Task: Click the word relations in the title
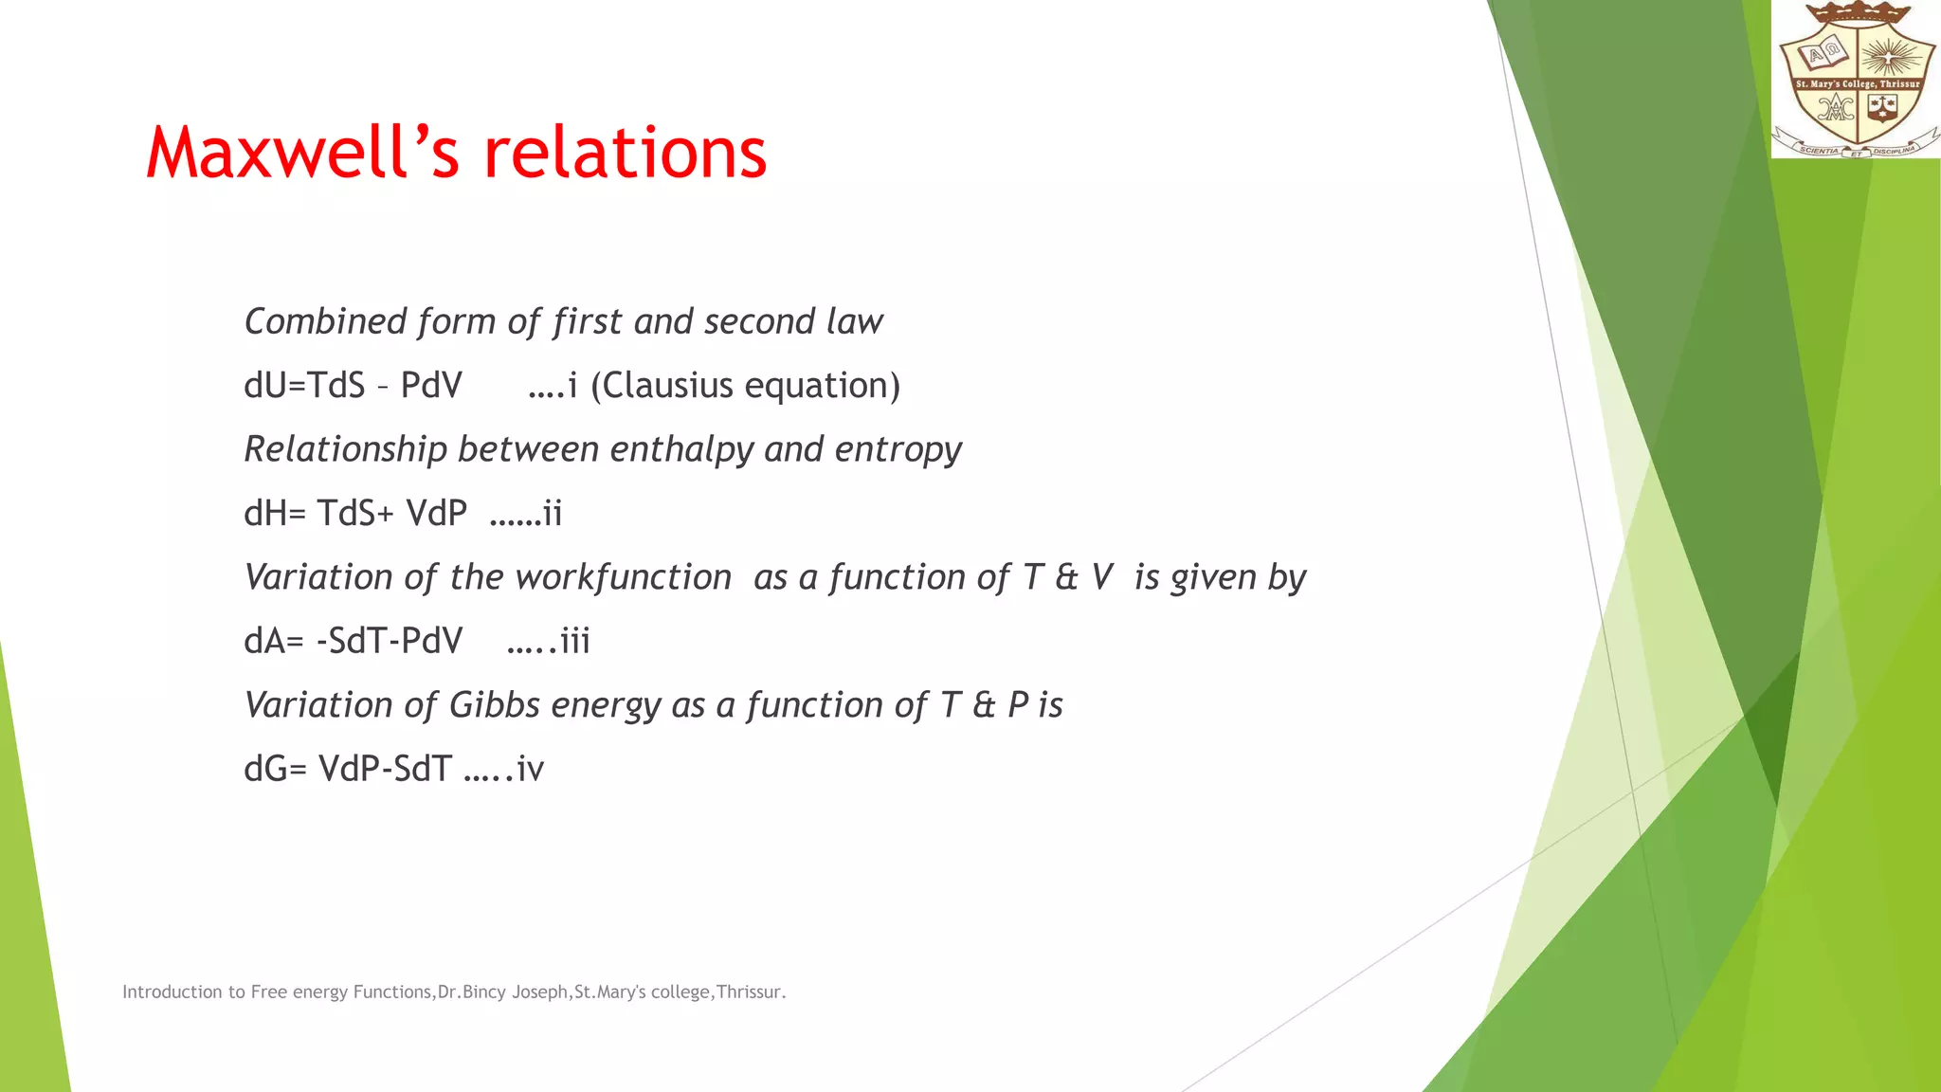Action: (625, 154)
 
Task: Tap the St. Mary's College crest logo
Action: (1856, 80)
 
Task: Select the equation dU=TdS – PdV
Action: (353, 386)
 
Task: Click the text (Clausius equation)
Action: (745, 386)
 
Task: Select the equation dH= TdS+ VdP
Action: (355, 514)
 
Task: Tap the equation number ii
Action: (552, 514)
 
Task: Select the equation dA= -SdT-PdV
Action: (353, 641)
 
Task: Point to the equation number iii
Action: (574, 641)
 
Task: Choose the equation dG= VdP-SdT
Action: (348, 769)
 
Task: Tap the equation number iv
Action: (530, 769)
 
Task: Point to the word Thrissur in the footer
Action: (749, 992)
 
